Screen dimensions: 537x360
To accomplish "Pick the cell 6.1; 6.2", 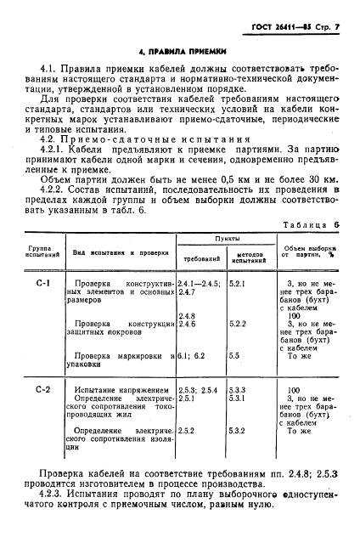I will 192,356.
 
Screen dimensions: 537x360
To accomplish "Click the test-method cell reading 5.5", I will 235,356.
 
